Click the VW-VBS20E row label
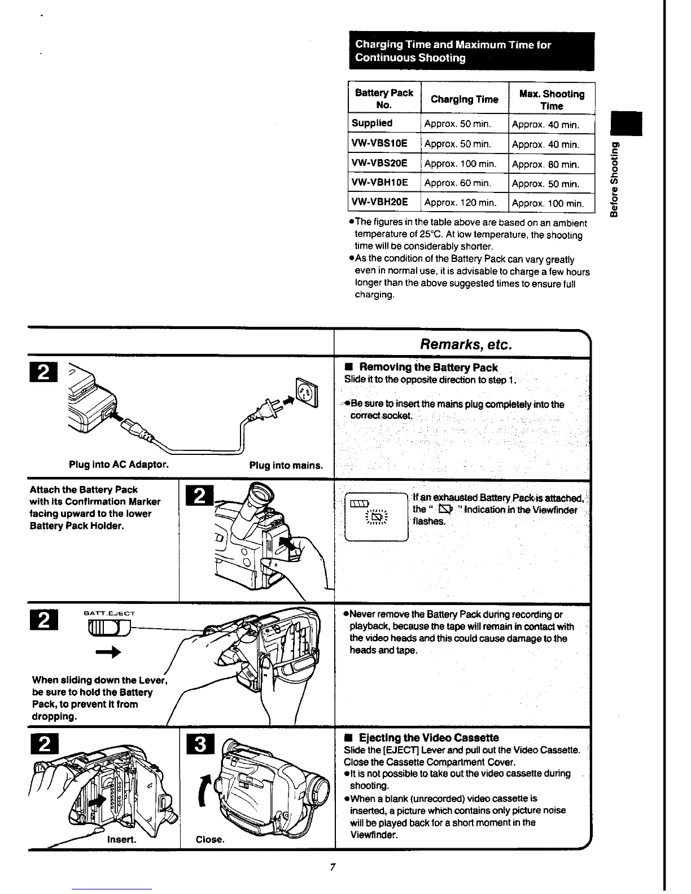coord(379,163)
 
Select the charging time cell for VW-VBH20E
coord(460,203)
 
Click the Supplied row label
coord(372,123)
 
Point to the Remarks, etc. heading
coord(462,344)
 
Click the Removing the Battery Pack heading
coord(428,367)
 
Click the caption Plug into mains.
coord(286,466)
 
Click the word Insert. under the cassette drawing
coord(121,839)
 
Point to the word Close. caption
coord(210,839)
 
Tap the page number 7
coord(333,867)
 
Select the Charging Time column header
coord(464,100)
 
